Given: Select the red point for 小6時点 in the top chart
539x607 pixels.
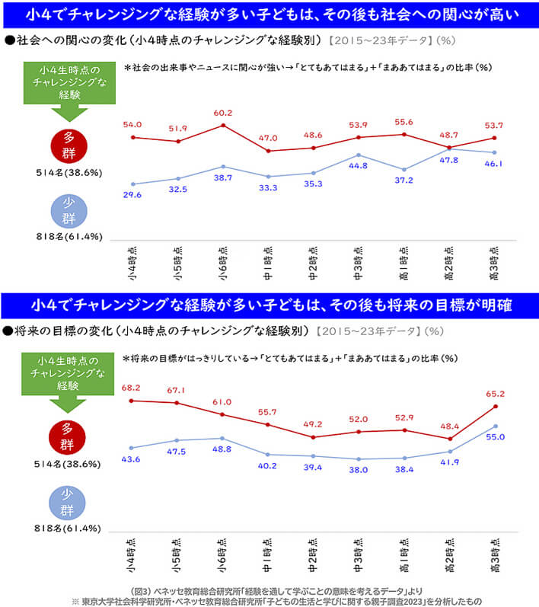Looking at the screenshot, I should coord(222,125).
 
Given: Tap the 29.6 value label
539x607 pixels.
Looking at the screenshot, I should coord(133,195).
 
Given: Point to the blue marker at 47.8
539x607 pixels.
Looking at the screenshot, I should coord(449,149).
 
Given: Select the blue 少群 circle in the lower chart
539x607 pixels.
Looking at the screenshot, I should coord(69,503).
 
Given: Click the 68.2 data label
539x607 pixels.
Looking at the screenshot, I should coord(133,388).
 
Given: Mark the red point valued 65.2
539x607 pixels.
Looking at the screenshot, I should coord(495,407).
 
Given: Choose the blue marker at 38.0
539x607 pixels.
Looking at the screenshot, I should coord(359,459).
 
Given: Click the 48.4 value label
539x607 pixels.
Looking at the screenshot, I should coord(449,426).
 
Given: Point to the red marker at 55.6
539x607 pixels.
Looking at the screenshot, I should coord(403,134).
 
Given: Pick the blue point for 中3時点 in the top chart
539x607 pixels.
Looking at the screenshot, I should coord(359,155).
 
